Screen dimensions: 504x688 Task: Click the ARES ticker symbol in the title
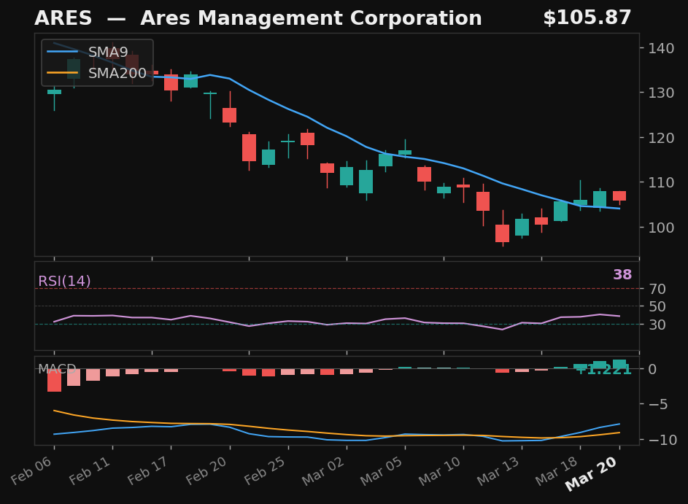[63, 18]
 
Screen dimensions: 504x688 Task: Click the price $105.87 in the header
[587, 18]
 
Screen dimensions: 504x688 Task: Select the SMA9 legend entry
[108, 53]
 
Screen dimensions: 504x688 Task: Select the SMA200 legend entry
[117, 73]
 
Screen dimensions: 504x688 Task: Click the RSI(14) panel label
[64, 282]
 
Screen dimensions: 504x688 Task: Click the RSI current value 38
[622, 275]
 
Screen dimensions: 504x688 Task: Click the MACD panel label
[57, 369]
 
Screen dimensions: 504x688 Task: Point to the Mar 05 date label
[387, 478]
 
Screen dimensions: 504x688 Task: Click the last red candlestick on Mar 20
[619, 195]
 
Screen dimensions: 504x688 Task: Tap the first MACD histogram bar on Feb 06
[54, 380]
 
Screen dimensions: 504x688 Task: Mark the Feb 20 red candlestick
[229, 115]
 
